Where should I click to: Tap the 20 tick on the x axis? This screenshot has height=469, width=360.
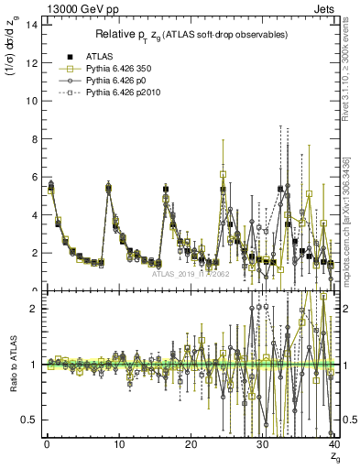pos(190,445)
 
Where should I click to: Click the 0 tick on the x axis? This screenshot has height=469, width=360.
pos(46,445)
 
